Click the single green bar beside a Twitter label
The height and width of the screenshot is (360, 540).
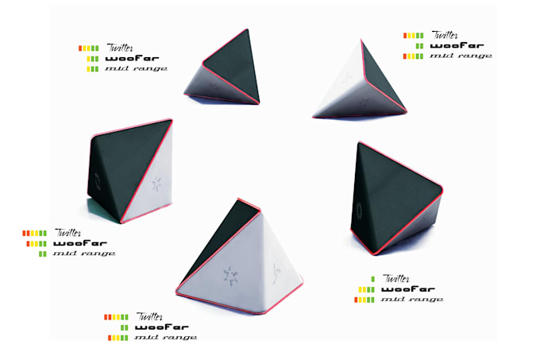point(372,279)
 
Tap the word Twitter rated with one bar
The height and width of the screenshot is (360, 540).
point(396,278)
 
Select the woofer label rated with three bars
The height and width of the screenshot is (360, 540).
point(133,59)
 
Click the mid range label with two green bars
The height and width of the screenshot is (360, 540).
point(84,254)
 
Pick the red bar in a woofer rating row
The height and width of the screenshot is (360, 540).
point(29,244)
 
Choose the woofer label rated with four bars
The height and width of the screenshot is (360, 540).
point(408,289)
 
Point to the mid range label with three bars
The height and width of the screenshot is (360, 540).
point(136,68)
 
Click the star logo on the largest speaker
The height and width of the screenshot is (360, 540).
point(230,276)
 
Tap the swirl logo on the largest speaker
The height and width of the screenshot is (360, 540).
point(276,274)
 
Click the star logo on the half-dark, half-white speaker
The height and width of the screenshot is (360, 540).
point(156,184)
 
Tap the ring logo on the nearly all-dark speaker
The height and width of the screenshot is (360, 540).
point(359,211)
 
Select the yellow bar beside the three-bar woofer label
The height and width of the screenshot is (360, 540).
point(88,59)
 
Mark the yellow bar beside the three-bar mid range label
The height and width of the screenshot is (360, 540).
point(88,69)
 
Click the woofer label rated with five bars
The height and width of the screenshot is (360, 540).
point(80,243)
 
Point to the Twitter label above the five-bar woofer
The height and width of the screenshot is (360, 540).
point(68,233)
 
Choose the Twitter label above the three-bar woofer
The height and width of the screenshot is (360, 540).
point(120,48)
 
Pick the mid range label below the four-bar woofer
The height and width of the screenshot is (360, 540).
point(412,300)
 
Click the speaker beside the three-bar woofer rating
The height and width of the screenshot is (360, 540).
point(224,69)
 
